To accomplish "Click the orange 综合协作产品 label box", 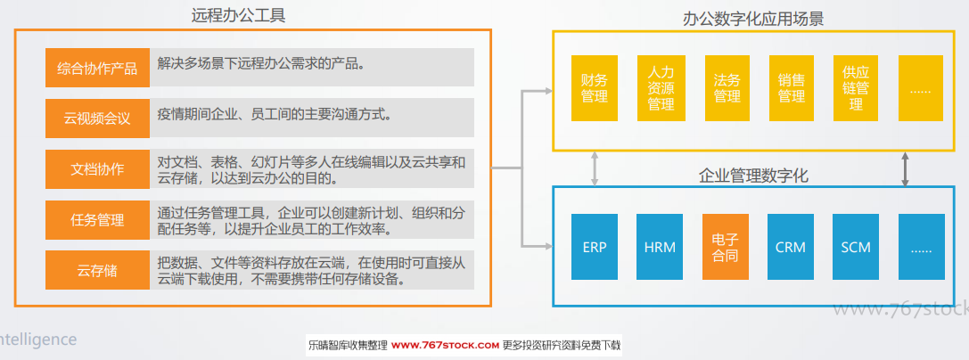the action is [98, 68].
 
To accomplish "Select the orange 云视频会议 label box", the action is [98, 118].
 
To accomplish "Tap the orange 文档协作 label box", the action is [98, 168].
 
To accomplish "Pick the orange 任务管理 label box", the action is [98, 219].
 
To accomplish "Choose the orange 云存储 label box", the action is [98, 270].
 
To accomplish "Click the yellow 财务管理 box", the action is [595, 88].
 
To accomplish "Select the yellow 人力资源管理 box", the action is [661, 88].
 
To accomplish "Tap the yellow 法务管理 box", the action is [727, 88].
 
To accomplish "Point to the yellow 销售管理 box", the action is [792, 88].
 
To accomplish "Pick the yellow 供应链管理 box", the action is [856, 88].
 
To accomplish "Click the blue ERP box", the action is [595, 247].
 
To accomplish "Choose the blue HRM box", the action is [660, 247].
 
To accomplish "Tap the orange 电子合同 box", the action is [726, 247].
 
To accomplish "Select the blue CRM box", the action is [791, 247].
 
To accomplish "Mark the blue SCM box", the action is [856, 247].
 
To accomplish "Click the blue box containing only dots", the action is [922, 247].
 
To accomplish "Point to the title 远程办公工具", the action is [239, 15].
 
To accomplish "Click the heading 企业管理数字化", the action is [753, 176].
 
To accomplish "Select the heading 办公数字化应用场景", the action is [753, 19].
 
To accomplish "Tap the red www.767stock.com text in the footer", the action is [445, 345].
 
